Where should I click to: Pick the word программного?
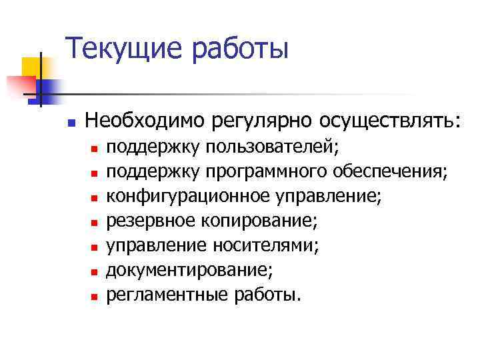266,172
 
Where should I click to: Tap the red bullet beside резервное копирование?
95,223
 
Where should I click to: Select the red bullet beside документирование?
95,272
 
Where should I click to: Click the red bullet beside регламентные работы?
95,297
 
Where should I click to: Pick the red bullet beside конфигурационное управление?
95,198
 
